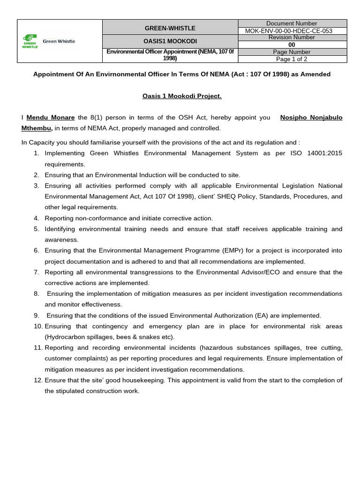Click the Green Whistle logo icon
pyautogui.click(x=30, y=41)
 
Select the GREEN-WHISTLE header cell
pyautogui.click(x=170, y=28)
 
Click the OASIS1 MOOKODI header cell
pyautogui.click(x=170, y=41)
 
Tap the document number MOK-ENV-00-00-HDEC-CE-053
pyautogui.click(x=292, y=31)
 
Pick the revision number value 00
pyautogui.click(x=292, y=45)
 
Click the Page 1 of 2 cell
pyautogui.click(x=292, y=60)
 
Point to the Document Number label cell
pyautogui.click(x=292, y=23)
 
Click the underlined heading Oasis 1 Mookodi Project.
pyautogui.click(x=182, y=96)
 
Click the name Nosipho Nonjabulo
pyautogui.click(x=311, y=118)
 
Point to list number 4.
pyautogui.click(x=37, y=218)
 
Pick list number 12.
pyautogui.click(x=38, y=380)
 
